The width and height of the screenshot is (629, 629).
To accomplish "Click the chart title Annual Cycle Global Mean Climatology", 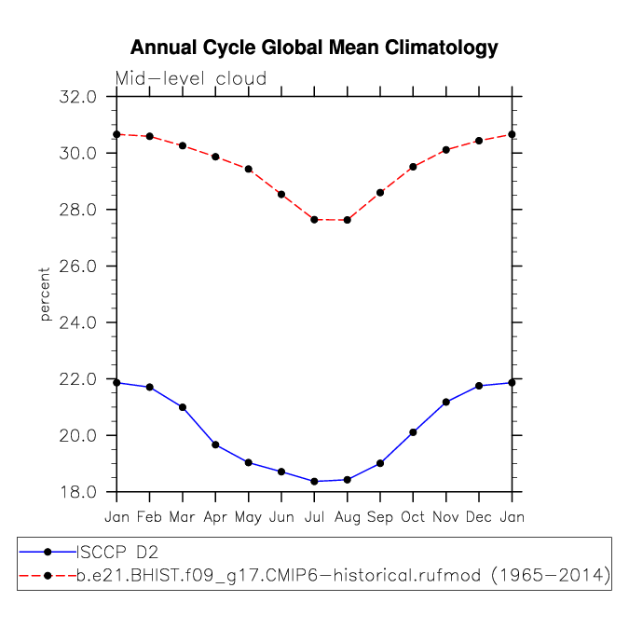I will (x=314, y=48).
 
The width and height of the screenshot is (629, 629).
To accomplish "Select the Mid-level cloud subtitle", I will (x=191, y=79).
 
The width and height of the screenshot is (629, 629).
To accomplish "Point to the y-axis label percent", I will (x=45, y=294).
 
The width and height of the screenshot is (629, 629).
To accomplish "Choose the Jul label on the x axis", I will (x=314, y=516).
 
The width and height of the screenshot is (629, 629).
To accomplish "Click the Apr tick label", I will (x=215, y=516).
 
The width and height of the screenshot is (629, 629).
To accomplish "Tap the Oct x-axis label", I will (x=413, y=516).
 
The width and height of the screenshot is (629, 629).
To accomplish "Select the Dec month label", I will (x=478, y=516).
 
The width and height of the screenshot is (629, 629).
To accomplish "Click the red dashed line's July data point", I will (x=314, y=220).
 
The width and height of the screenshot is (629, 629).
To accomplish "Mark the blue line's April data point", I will (x=215, y=444).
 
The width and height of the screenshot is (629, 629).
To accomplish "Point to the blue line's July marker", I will (x=314, y=482).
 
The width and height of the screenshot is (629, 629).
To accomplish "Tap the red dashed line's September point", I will (x=380, y=193).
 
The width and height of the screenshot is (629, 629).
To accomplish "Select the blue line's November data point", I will (x=445, y=402).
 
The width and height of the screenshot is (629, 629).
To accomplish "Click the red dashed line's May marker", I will (x=249, y=169).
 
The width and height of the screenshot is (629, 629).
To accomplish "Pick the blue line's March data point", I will (x=183, y=407).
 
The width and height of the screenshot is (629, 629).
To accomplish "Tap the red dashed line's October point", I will (x=413, y=167).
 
